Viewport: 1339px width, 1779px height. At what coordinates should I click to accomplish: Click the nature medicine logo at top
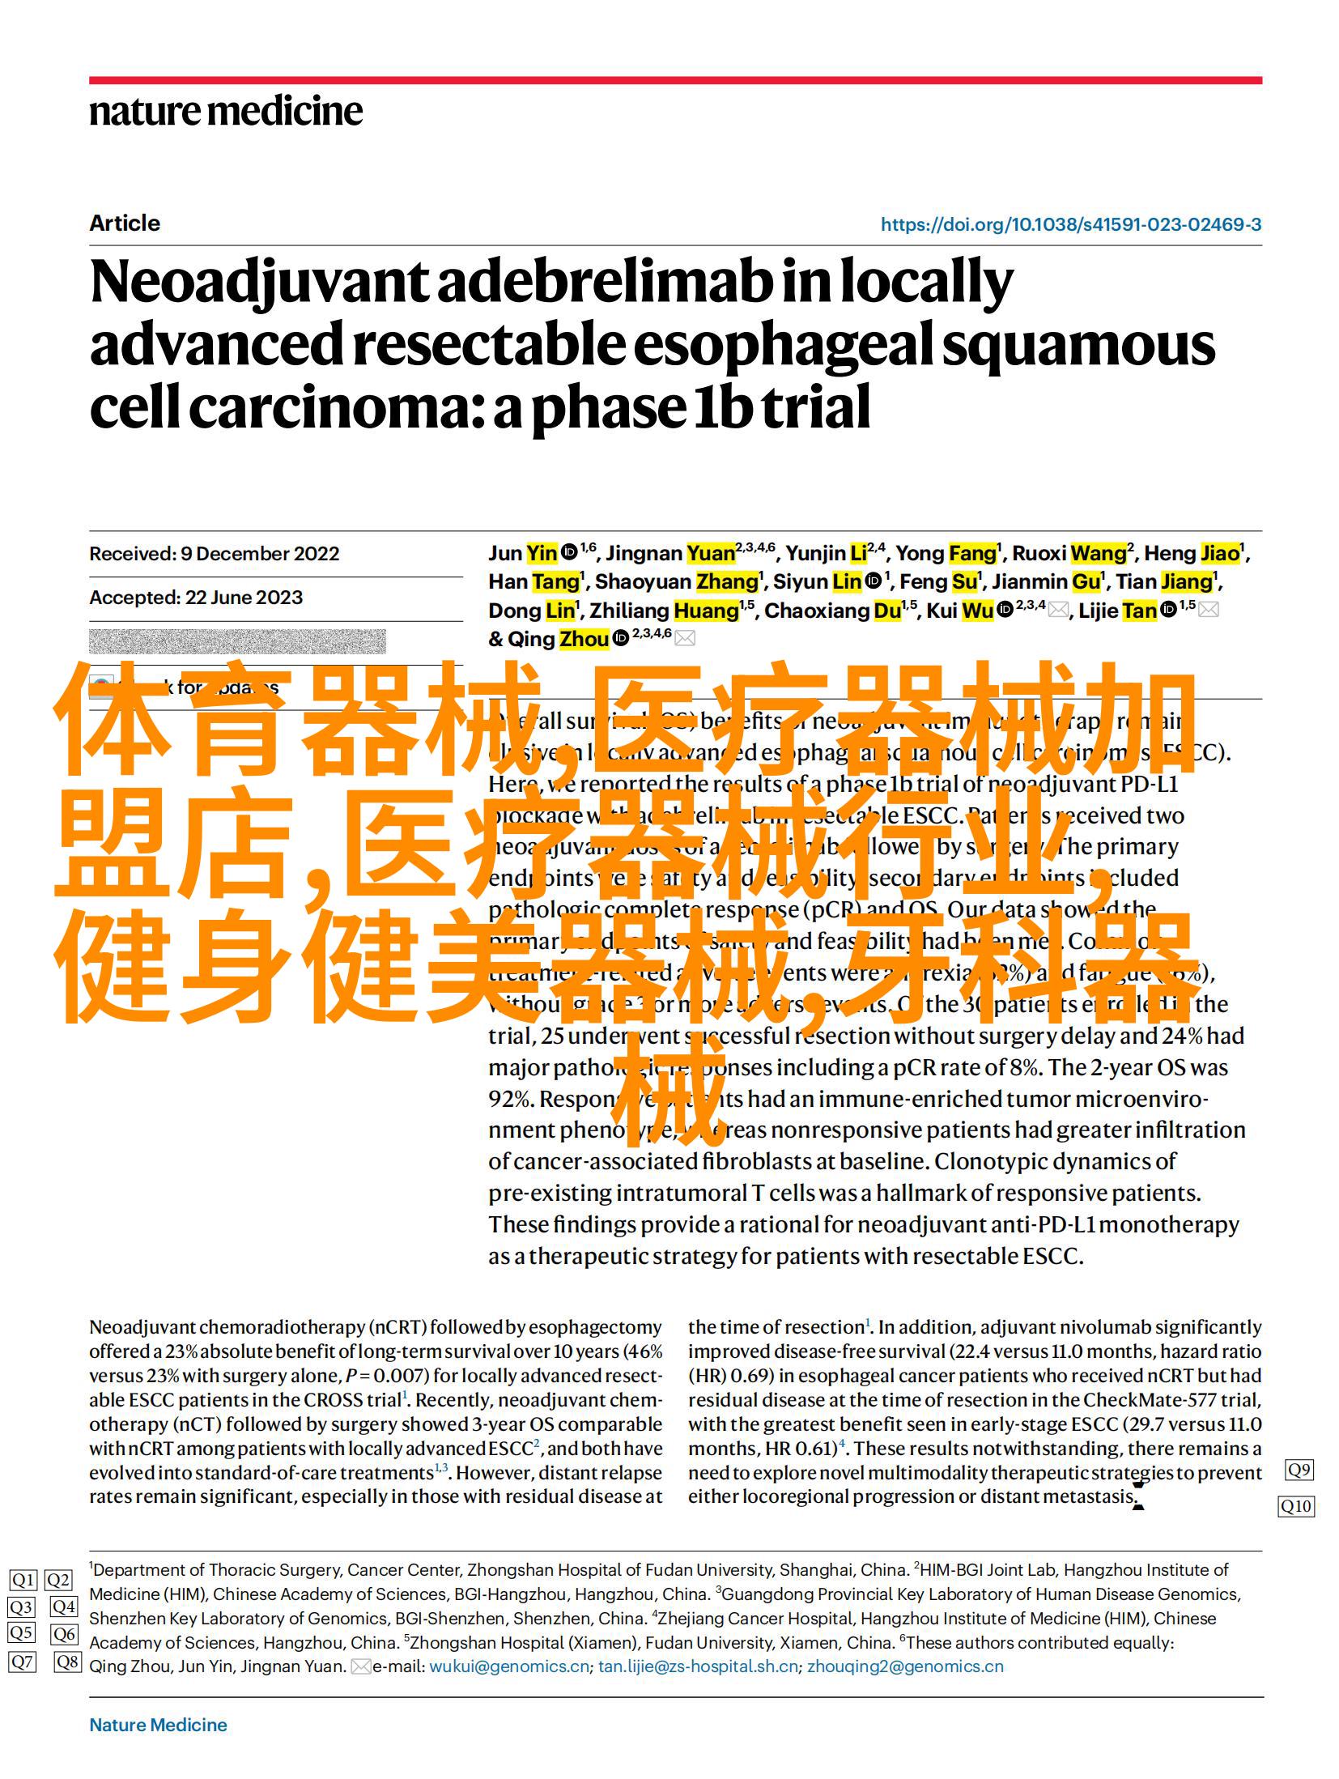click(x=226, y=111)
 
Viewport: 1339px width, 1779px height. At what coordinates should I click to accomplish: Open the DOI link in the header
click(x=1070, y=225)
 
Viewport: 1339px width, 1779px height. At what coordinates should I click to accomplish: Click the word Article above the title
click(x=125, y=223)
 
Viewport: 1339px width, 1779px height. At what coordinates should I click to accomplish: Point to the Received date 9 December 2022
click(x=214, y=554)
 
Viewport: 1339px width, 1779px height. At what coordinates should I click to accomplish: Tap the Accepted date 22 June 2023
click(x=196, y=598)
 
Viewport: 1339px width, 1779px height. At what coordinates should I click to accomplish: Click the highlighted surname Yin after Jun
click(x=542, y=553)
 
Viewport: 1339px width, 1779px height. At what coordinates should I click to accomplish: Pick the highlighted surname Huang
click(x=706, y=611)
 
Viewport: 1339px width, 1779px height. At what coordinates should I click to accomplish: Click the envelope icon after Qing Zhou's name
click(x=685, y=639)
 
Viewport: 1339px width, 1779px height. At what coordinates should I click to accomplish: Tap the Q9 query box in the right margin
click(x=1299, y=1470)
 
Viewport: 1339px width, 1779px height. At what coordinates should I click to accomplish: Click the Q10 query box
click(x=1295, y=1506)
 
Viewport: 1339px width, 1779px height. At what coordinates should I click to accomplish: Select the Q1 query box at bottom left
click(x=23, y=1580)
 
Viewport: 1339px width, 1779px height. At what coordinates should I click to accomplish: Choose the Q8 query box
click(x=67, y=1662)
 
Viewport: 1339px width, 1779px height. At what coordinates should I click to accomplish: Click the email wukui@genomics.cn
click(x=508, y=1666)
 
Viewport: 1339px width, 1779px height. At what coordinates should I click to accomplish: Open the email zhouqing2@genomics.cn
click(x=905, y=1666)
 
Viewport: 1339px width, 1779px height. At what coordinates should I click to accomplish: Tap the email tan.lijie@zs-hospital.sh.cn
click(x=698, y=1666)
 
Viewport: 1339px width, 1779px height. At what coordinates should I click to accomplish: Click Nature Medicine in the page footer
click(x=158, y=1725)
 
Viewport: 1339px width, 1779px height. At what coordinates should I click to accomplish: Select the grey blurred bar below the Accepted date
click(x=236, y=641)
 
